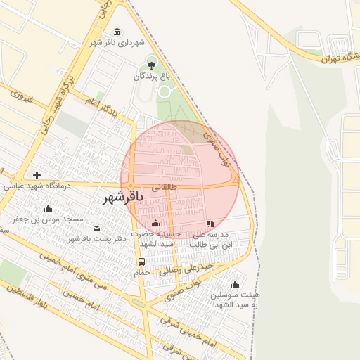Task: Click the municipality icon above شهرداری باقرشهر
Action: click(117, 32)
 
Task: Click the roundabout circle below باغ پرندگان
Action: click(165, 91)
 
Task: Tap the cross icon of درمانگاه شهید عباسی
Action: click(37, 175)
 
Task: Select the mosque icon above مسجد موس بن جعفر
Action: click(48, 208)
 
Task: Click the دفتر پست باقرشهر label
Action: click(96, 239)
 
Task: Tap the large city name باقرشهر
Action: click(123, 198)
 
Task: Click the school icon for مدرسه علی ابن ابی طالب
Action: click(210, 224)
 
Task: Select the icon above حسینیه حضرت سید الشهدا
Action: click(156, 224)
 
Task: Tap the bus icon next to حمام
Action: click(142, 262)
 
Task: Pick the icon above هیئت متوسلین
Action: click(235, 285)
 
